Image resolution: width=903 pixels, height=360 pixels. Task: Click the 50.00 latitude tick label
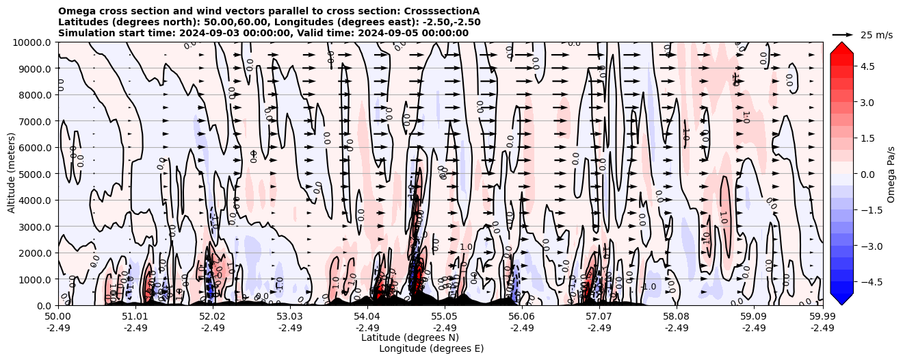point(58,317)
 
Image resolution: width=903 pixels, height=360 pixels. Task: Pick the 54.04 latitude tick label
point(367,317)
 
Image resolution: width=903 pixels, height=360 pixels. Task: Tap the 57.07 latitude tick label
point(599,317)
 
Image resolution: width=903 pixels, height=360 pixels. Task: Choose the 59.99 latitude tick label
point(822,317)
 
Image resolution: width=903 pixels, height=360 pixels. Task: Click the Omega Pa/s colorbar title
point(891,174)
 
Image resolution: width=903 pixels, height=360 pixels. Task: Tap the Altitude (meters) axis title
point(12,174)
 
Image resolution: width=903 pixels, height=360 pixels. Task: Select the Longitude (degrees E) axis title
point(431,348)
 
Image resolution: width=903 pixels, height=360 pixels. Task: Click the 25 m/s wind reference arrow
point(843,34)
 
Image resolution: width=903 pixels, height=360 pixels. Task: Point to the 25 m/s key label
point(876,35)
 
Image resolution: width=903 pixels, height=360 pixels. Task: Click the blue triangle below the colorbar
point(841,298)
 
